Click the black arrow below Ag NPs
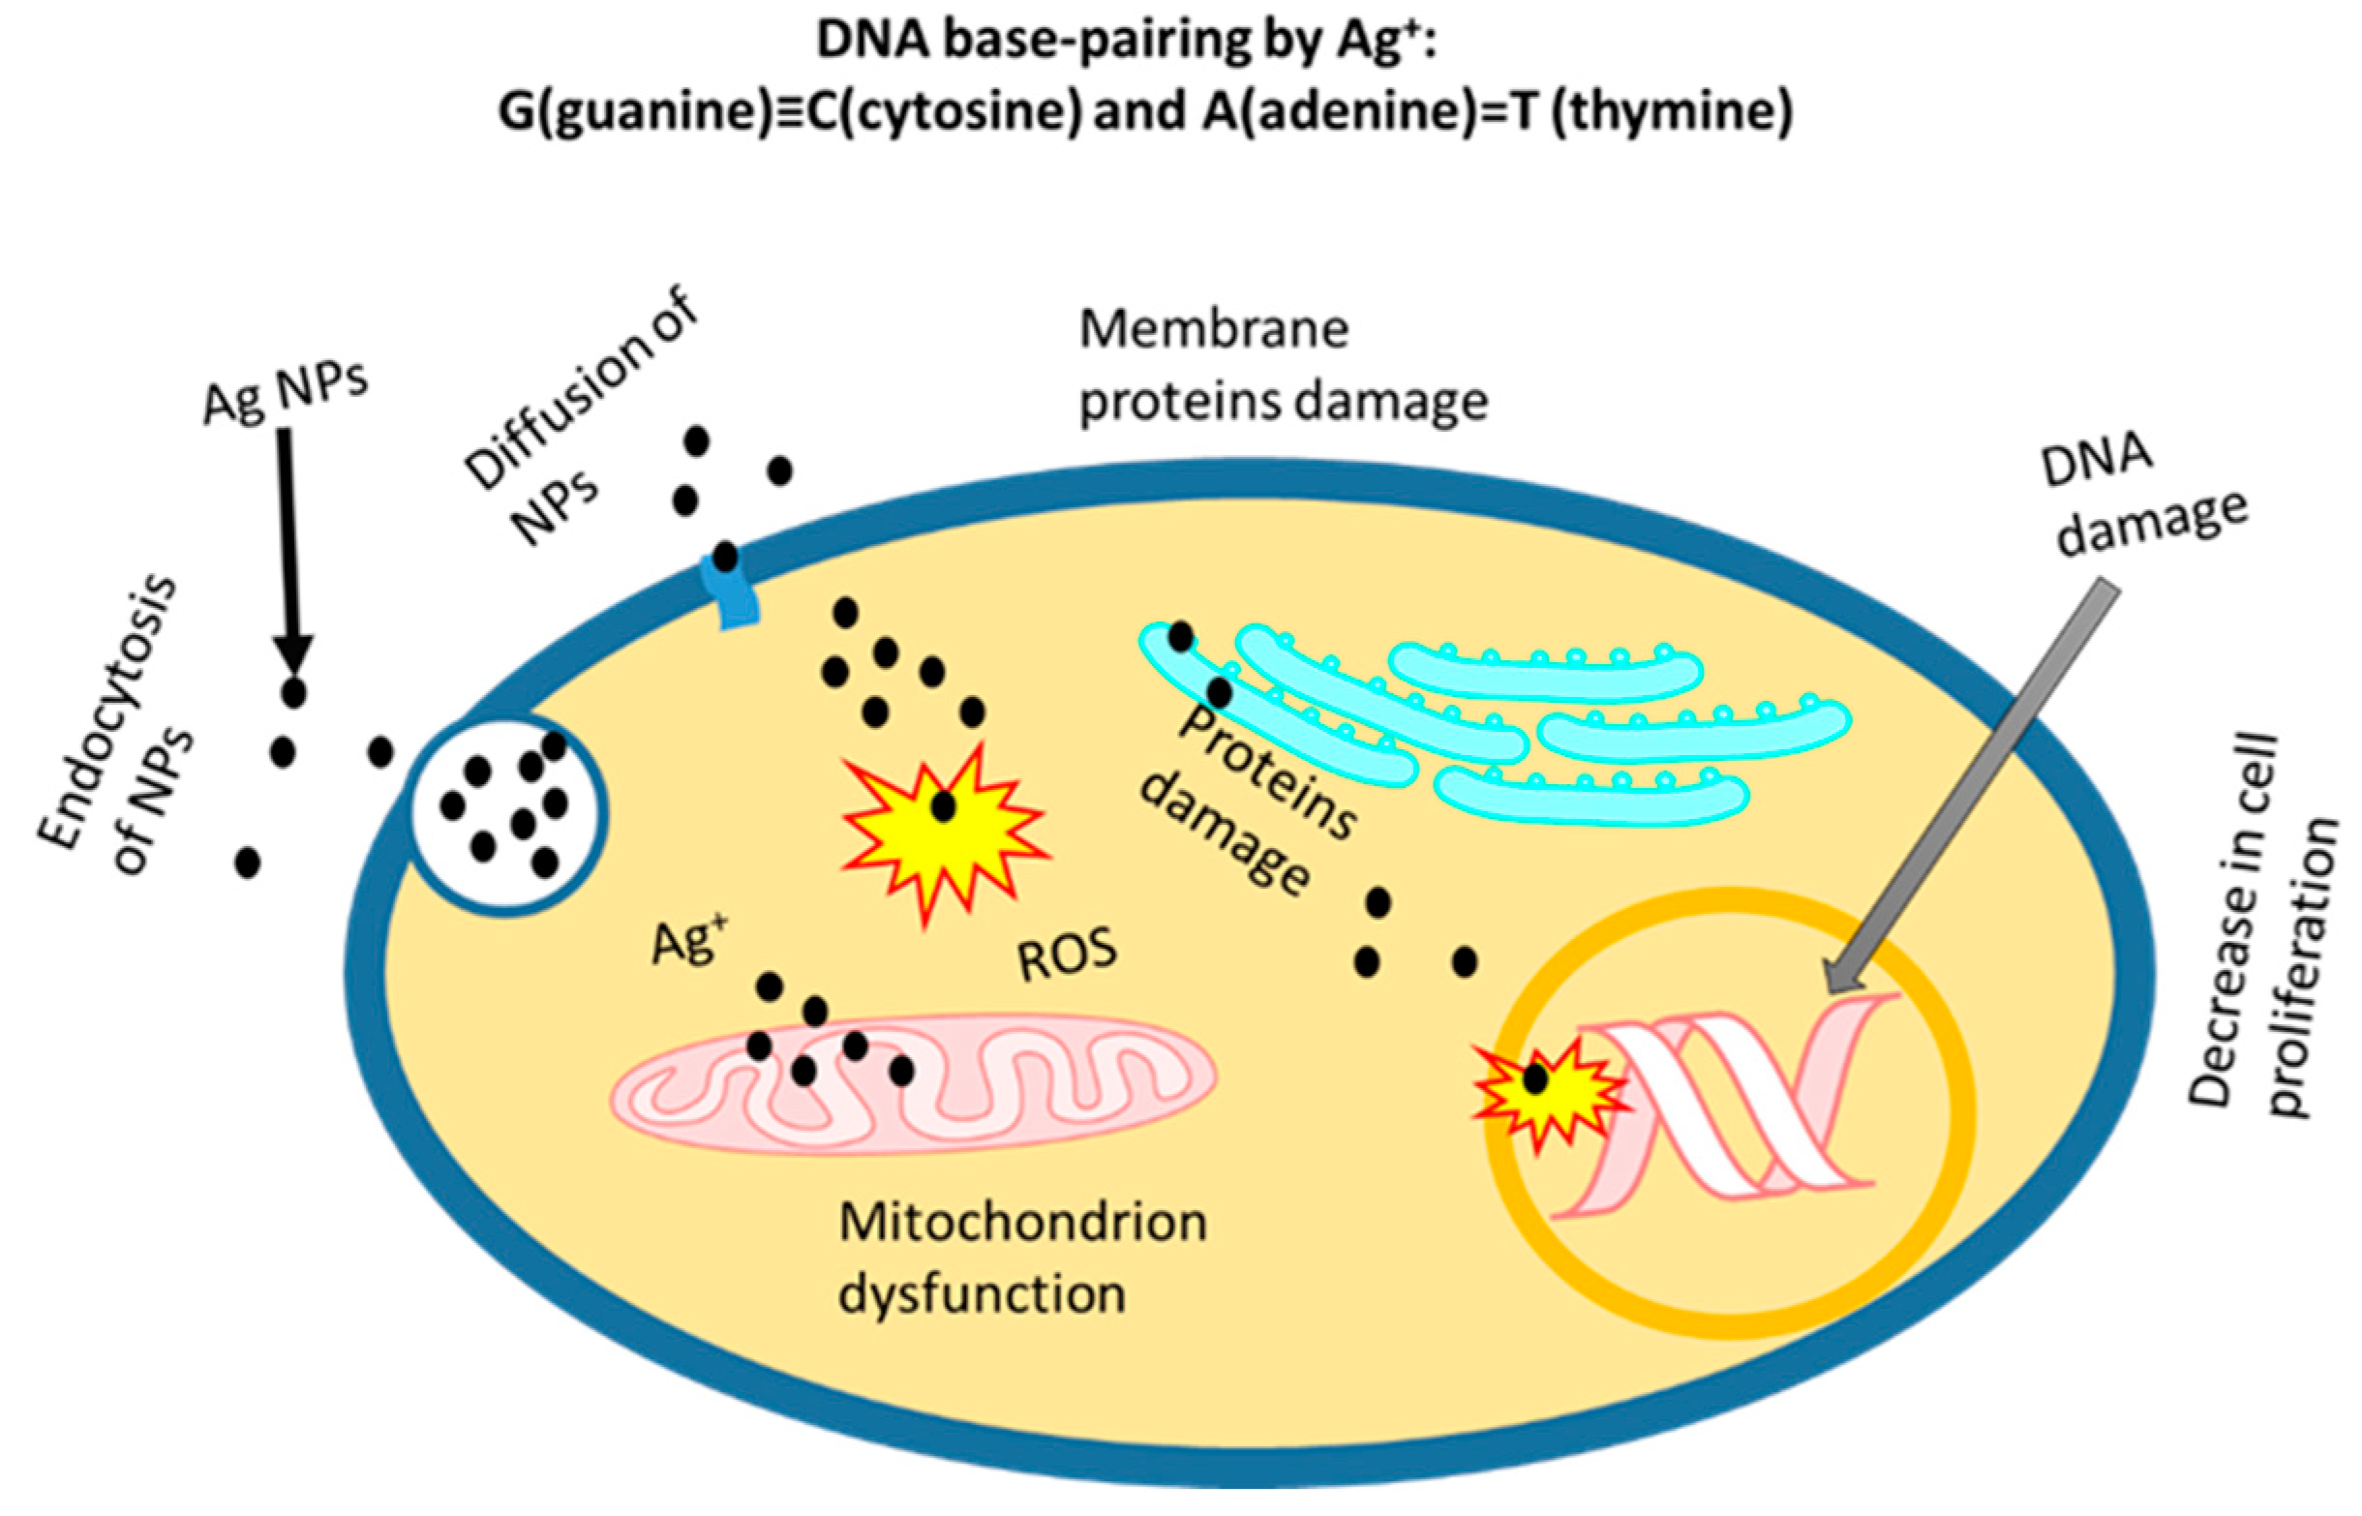pyautogui.click(x=289, y=551)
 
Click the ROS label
pyautogui.click(x=1067, y=955)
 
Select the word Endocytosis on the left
pyautogui.click(x=106, y=713)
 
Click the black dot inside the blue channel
pyautogui.click(x=725, y=558)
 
